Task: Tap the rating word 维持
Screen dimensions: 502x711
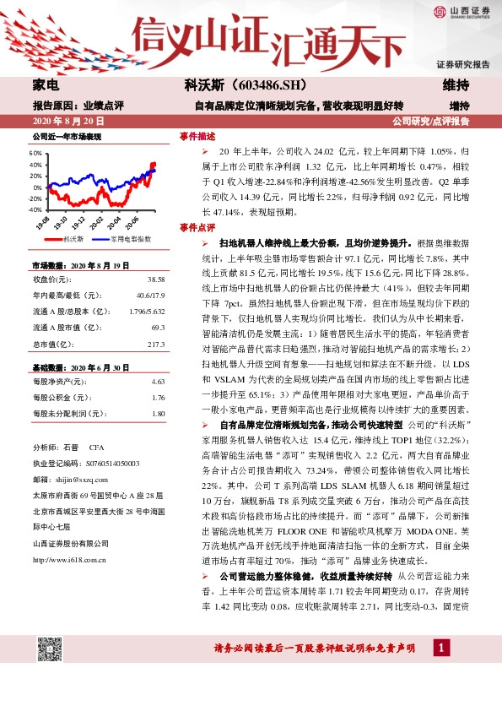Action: pos(456,86)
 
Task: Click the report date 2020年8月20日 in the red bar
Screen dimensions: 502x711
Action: pos(65,122)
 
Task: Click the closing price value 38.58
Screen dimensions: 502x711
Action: pos(156,279)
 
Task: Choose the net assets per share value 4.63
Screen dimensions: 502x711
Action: pos(158,382)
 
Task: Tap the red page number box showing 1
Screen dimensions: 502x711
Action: pos(440,649)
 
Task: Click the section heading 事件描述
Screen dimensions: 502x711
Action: pos(197,136)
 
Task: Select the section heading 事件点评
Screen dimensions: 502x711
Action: pos(197,228)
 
